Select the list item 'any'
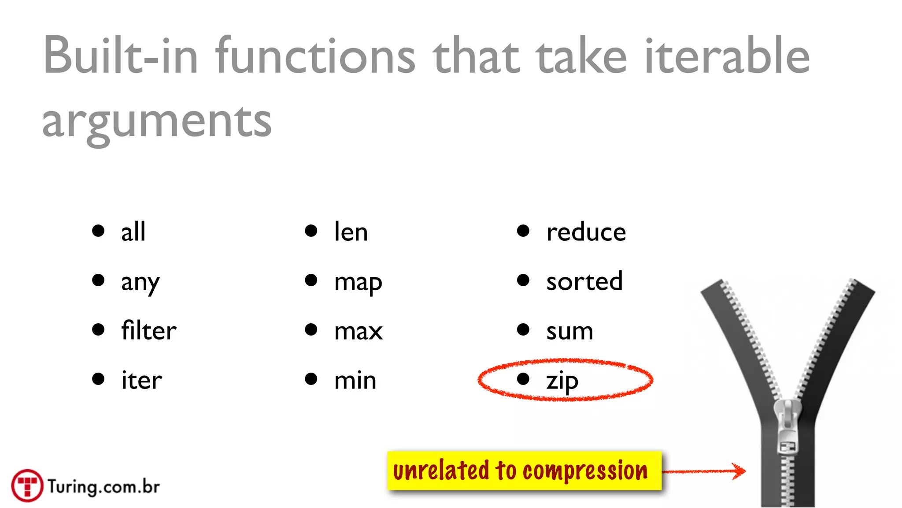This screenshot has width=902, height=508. (x=140, y=282)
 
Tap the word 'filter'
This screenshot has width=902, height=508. (x=149, y=331)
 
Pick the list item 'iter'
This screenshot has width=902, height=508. (x=142, y=380)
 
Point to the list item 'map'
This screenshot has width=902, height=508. (x=358, y=282)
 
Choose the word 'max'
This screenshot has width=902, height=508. (x=359, y=331)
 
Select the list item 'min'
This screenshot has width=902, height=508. (x=355, y=380)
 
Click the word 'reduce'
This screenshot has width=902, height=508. (x=586, y=232)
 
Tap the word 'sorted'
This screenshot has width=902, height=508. (x=584, y=281)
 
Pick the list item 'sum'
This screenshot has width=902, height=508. (x=569, y=331)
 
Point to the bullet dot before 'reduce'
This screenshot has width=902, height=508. (x=523, y=231)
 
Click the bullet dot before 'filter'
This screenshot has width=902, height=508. (x=98, y=329)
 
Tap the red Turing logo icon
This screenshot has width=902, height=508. (x=27, y=486)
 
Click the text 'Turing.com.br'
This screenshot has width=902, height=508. (x=104, y=487)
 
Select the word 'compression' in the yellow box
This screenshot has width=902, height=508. (x=585, y=471)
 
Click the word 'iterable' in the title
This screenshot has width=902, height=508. (x=727, y=56)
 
